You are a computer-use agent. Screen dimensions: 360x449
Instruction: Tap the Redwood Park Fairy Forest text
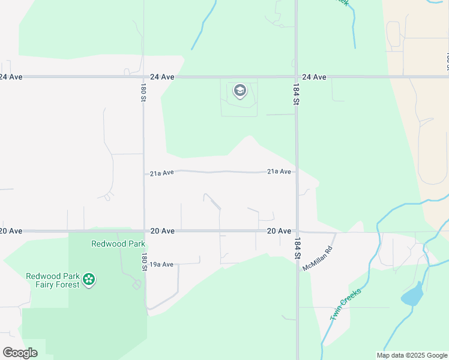[52, 280]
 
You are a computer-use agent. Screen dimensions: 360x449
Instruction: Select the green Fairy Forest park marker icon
[89, 279]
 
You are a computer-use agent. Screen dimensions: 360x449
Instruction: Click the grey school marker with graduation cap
[240, 91]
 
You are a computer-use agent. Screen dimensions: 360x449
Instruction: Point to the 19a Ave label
[161, 265]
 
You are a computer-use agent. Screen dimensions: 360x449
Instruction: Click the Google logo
[20, 352]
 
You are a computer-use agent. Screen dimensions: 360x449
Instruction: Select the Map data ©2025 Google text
[411, 355]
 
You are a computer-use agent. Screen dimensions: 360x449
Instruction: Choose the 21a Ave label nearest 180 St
[161, 173]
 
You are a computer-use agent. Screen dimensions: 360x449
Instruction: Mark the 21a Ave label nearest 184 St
[279, 172]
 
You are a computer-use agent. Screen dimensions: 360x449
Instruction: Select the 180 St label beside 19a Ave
[144, 262]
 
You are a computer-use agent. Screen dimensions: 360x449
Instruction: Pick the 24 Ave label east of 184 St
[314, 77]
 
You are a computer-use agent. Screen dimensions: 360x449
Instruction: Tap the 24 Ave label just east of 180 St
[162, 77]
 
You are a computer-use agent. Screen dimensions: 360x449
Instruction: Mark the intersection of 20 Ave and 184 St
[297, 231]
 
